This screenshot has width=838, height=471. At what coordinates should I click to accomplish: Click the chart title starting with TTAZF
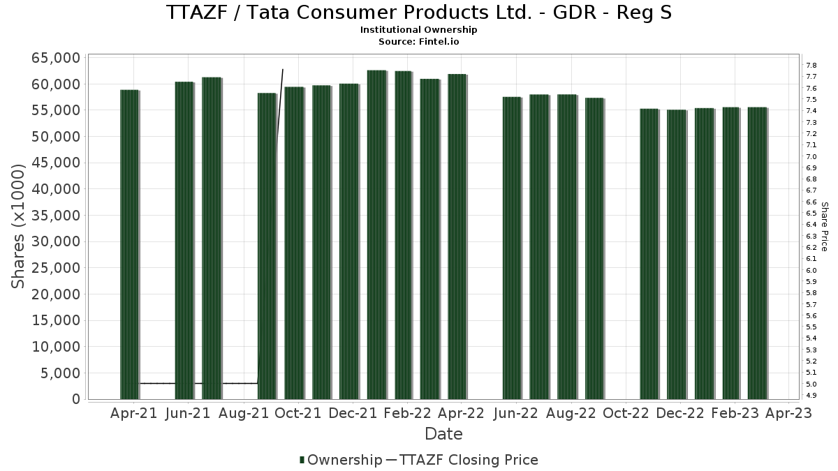click(x=419, y=13)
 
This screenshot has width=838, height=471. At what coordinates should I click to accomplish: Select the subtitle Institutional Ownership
click(x=419, y=30)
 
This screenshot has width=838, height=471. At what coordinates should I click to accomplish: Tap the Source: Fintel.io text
click(x=419, y=41)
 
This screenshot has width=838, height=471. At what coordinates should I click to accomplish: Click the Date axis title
click(x=444, y=434)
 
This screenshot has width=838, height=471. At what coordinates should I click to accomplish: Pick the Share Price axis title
click(x=824, y=227)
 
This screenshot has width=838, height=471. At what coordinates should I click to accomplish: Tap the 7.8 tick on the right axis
click(x=811, y=65)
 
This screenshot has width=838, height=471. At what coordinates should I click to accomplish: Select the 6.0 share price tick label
click(x=811, y=270)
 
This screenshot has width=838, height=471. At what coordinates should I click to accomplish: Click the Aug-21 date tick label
click(x=243, y=414)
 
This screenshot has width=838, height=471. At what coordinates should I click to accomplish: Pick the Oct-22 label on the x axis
click(x=625, y=414)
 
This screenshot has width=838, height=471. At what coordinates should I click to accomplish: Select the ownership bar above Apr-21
click(x=129, y=244)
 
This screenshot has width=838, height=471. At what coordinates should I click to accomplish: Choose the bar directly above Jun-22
click(x=512, y=248)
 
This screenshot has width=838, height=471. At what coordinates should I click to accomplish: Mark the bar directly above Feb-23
click(x=730, y=253)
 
